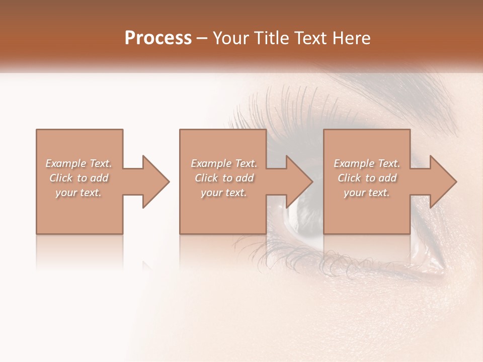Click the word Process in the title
click(x=158, y=38)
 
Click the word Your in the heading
click(x=232, y=38)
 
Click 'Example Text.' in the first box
click(x=78, y=163)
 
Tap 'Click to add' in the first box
click(x=79, y=178)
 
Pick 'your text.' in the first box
click(x=78, y=193)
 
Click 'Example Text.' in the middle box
click(x=224, y=163)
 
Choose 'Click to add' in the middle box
click(x=224, y=178)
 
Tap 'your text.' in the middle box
click(x=224, y=193)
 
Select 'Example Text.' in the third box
click(x=367, y=163)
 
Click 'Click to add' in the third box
click(x=367, y=178)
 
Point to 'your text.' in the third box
click(x=367, y=193)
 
